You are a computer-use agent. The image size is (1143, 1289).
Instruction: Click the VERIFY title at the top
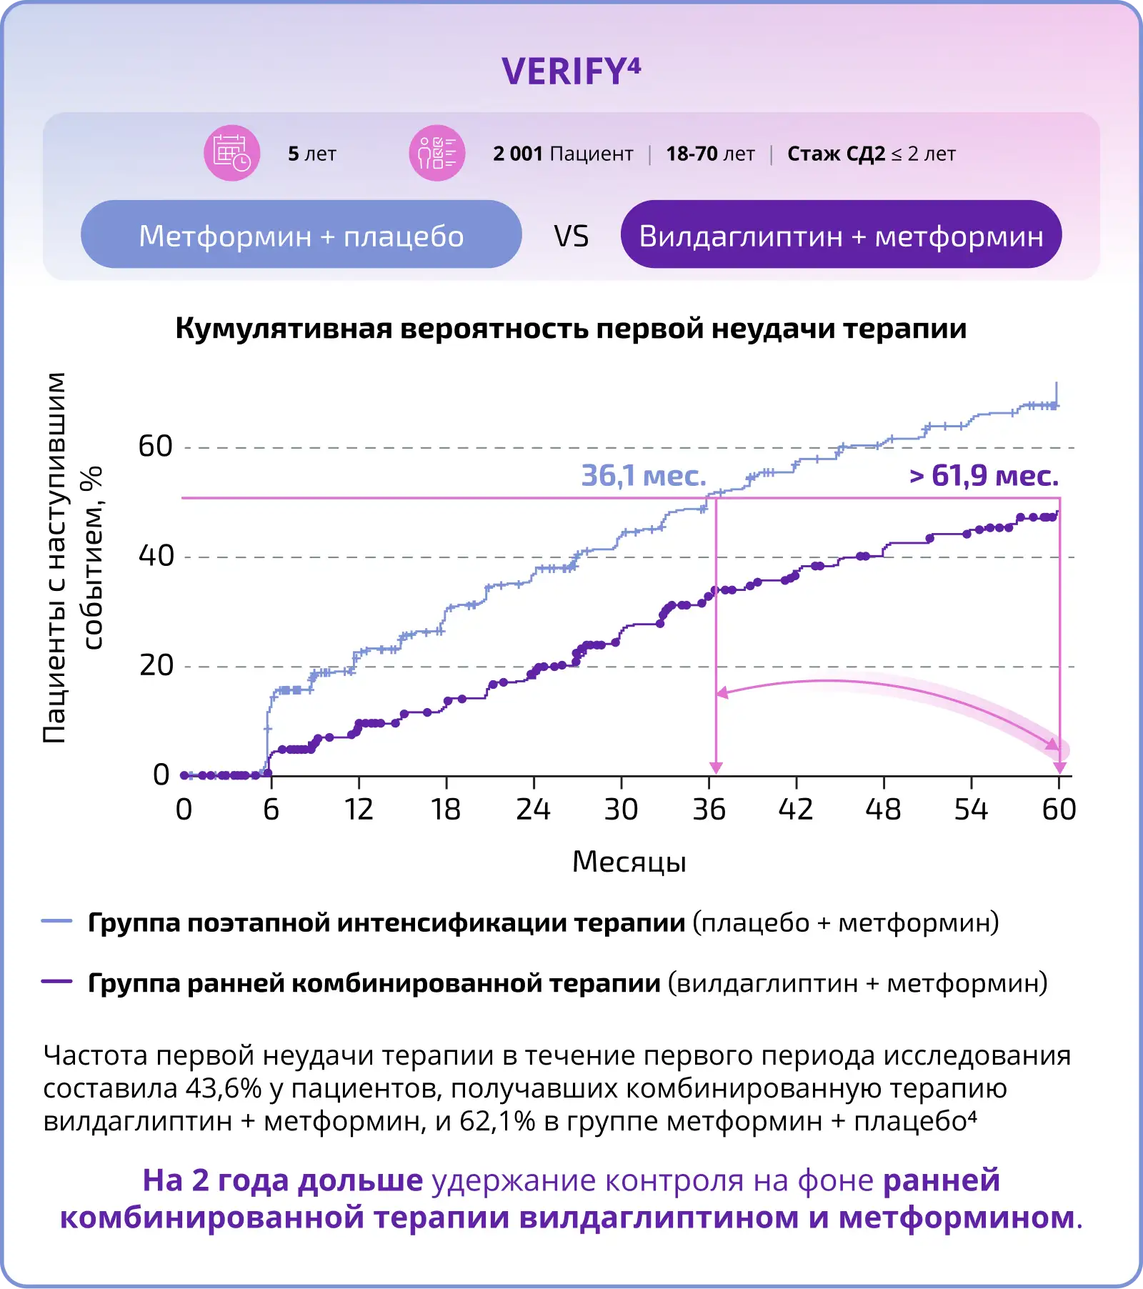coord(571,71)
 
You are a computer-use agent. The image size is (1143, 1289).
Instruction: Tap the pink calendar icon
coord(231,153)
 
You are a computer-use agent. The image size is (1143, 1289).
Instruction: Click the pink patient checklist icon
coord(436,153)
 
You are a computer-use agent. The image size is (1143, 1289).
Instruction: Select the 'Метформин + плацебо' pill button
coord(301,235)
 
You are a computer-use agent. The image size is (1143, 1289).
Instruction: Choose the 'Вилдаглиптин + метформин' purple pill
coord(841,235)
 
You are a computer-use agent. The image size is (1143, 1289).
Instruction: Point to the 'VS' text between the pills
coord(571,237)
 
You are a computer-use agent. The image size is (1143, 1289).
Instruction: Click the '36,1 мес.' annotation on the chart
coord(643,476)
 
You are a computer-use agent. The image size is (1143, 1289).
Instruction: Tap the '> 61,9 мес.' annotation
coord(984,476)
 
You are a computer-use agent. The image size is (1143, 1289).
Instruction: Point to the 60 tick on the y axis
coord(156,447)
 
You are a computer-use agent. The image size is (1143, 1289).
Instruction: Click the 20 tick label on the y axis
coord(156,665)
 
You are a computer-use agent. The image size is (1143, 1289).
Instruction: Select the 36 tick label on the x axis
coord(709,810)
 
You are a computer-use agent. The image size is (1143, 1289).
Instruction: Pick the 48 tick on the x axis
coord(884,810)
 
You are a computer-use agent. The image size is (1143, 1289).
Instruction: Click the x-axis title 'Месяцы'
coord(629,862)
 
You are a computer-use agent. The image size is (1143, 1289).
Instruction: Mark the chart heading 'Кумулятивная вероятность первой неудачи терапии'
coord(571,329)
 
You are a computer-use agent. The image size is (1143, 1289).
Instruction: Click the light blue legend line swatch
coord(57,922)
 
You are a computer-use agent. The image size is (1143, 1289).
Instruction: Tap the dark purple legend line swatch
coord(57,982)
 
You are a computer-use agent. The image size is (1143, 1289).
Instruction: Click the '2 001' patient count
coord(518,154)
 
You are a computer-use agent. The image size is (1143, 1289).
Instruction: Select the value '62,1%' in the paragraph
coord(497,1121)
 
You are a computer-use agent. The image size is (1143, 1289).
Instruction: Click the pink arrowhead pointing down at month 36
coord(716,767)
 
